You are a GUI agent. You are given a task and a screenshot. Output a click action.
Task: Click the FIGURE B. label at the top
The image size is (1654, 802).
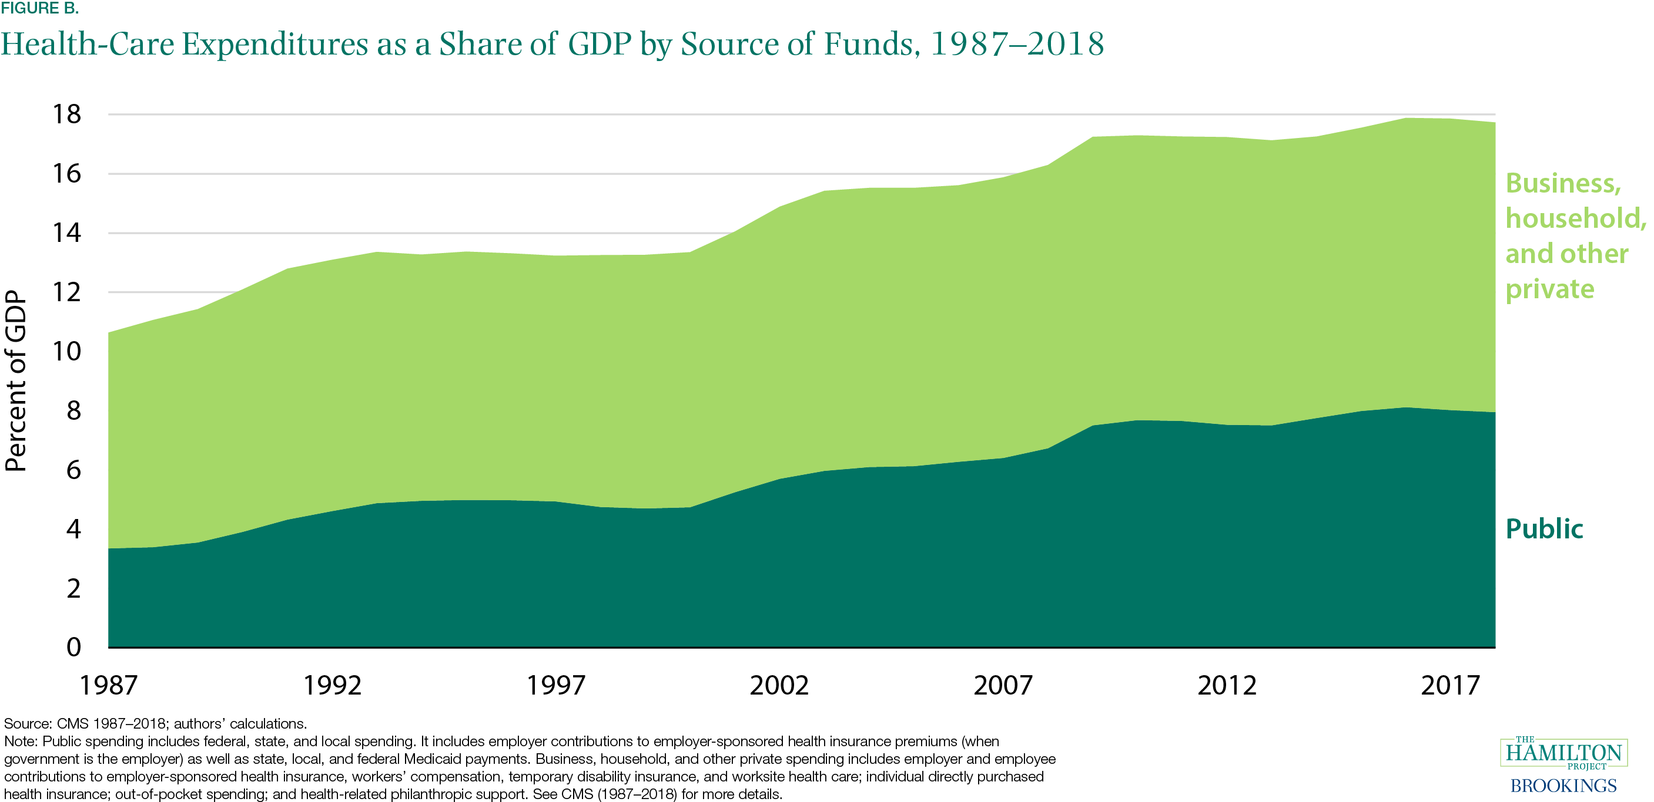click(x=40, y=8)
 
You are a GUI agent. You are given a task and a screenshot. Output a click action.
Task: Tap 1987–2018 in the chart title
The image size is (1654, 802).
click(x=1017, y=44)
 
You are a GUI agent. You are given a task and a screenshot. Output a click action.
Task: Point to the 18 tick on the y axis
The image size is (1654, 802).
click(x=67, y=114)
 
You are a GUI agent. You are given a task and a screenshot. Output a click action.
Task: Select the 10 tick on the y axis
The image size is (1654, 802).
click(x=67, y=351)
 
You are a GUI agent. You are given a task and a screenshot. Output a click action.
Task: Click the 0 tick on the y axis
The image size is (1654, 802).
click(x=73, y=647)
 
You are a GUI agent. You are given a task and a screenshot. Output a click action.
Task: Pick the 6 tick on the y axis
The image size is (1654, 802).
click(x=73, y=470)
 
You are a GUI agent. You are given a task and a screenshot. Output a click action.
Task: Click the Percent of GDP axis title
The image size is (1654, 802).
click(x=16, y=381)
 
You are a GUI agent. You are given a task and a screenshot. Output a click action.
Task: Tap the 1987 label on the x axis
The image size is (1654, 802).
click(x=108, y=685)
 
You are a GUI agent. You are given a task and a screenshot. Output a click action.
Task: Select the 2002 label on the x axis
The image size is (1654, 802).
click(x=779, y=685)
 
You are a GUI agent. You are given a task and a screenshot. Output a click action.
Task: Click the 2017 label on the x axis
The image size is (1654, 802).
click(x=1450, y=685)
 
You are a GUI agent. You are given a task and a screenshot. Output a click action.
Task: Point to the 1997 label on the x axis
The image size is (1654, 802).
click(x=555, y=685)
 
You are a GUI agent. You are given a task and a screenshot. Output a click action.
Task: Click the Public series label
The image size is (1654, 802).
click(x=1544, y=528)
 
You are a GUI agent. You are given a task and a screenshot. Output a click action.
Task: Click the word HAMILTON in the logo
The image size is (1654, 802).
click(x=1563, y=752)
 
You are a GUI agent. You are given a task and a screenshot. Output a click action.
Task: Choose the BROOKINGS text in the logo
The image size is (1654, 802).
click(x=1563, y=786)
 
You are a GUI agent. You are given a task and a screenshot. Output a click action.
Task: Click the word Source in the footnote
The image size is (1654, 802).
click(x=27, y=724)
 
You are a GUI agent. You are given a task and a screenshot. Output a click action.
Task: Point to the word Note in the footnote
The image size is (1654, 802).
click(x=20, y=742)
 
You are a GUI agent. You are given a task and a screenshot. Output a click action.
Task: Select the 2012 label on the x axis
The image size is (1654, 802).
click(x=1226, y=685)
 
